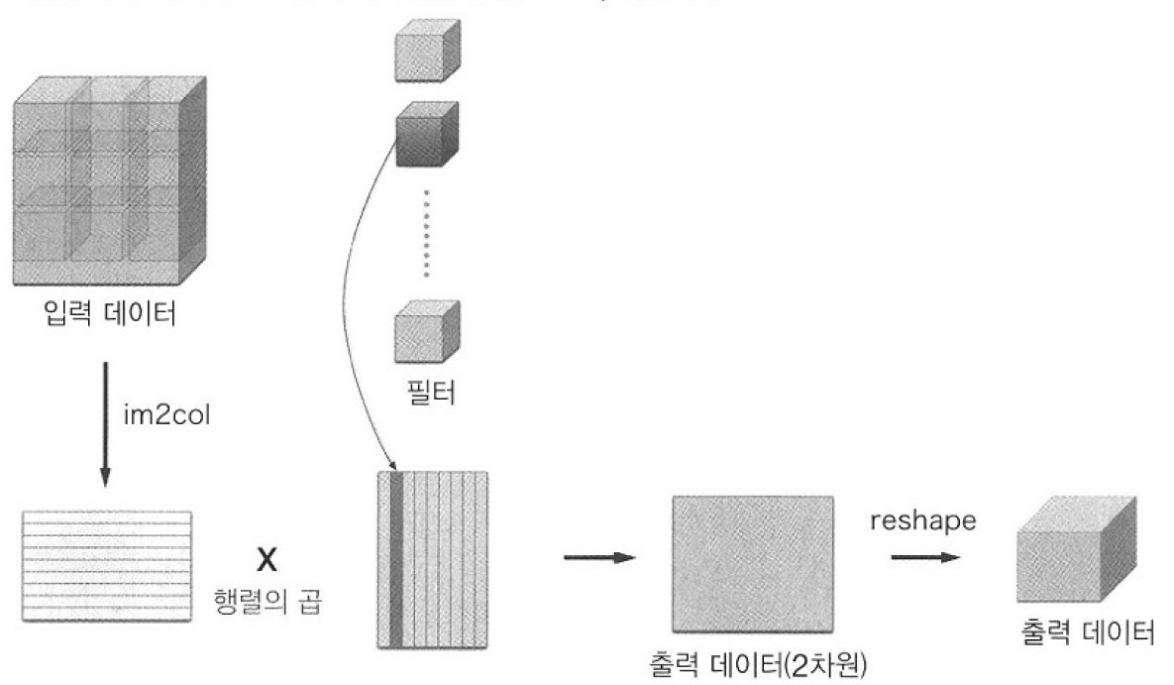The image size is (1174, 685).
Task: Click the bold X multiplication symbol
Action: coord(265,560)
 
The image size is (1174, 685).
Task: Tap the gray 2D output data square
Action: coord(754,562)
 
